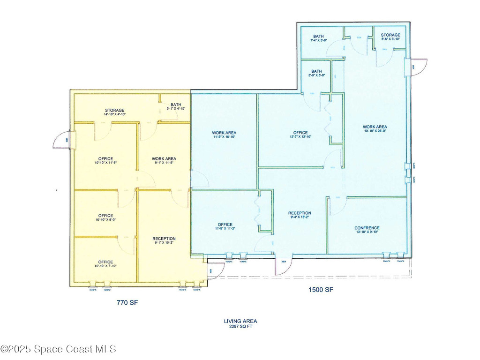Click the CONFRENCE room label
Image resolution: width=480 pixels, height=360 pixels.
point(367,228)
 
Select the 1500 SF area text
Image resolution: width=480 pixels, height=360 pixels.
point(321,290)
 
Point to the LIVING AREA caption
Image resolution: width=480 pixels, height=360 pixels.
point(240,321)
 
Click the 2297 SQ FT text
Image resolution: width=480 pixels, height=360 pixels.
point(240,326)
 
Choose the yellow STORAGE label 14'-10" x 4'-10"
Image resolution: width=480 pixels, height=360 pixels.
point(114,111)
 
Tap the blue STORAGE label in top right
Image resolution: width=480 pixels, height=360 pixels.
point(390,35)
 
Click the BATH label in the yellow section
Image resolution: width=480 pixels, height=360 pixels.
point(176,105)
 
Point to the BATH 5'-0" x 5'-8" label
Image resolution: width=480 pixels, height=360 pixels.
point(316,71)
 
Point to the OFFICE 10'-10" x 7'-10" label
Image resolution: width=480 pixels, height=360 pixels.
point(105,262)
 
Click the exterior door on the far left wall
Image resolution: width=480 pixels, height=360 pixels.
point(62,140)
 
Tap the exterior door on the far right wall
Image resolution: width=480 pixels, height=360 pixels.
point(419,66)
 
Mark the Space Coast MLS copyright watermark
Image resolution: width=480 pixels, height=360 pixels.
point(58,349)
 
